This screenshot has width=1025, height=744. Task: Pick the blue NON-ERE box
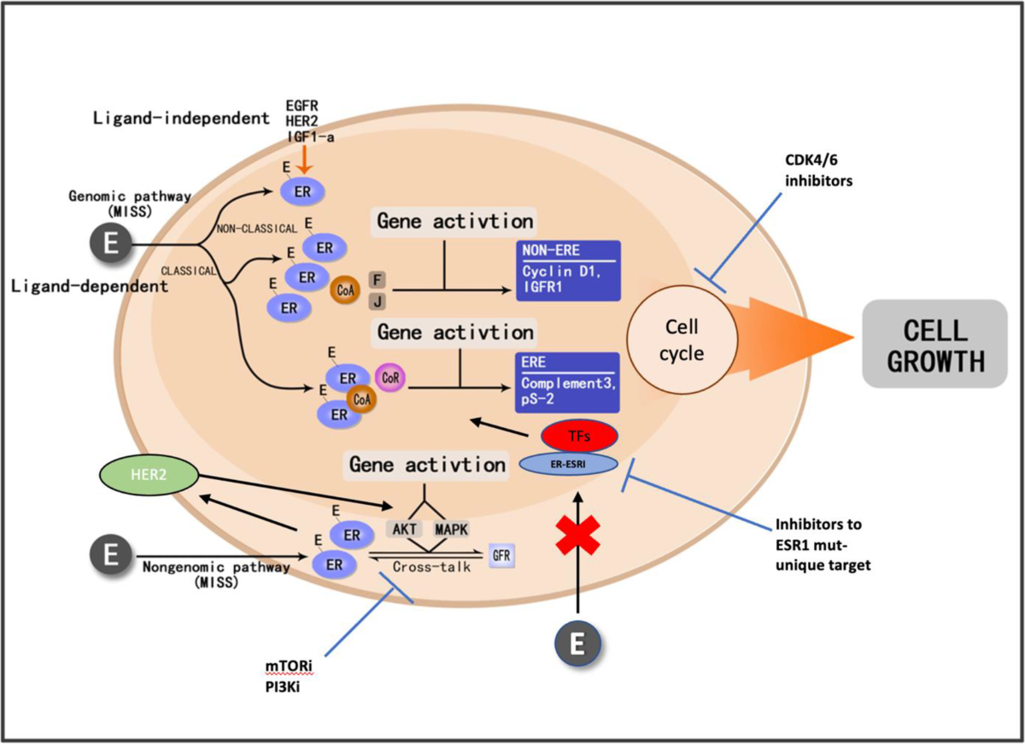[567, 271]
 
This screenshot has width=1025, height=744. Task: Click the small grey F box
[375, 279]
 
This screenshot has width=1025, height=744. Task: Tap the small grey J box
[375, 300]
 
